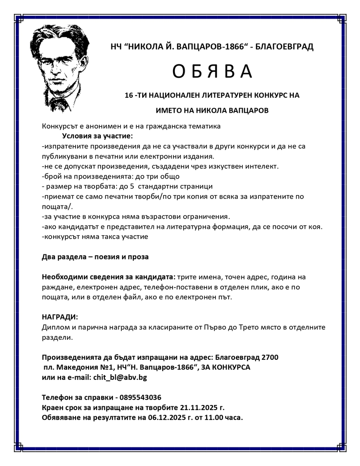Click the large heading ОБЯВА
pos(212,71)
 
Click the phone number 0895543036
pos(140,397)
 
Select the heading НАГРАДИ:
pos(60,317)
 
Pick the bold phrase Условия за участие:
pos(97,136)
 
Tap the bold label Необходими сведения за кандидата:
pos(109,277)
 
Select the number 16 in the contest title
pos(130,95)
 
